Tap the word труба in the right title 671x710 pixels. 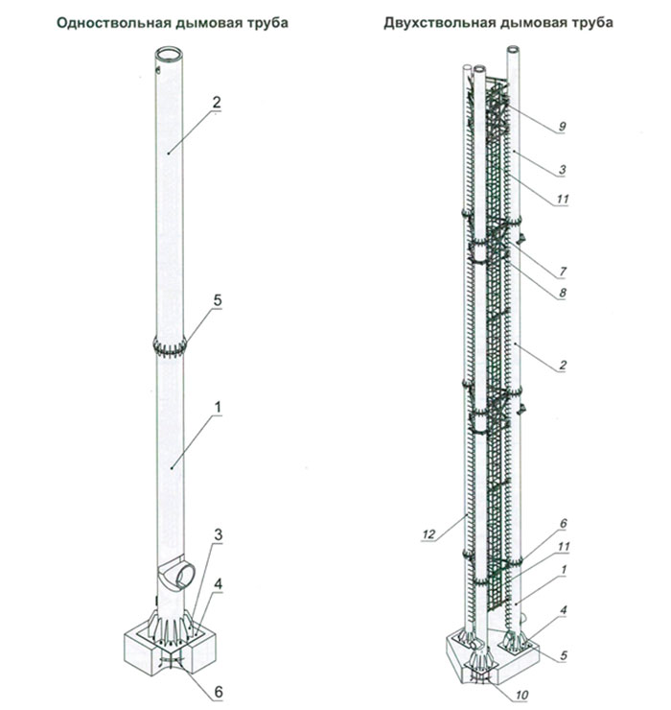coord(590,23)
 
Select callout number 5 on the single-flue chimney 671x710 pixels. coord(218,300)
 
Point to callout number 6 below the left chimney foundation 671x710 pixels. coord(219,692)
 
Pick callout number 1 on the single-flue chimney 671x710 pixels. coord(218,408)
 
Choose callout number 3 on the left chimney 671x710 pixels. coord(219,534)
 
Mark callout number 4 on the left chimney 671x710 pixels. coord(219,584)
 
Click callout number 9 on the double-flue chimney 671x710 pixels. coord(563,126)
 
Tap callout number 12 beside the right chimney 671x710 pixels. coord(428,534)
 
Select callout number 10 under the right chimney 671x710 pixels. coord(521,695)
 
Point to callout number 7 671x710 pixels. coord(563,272)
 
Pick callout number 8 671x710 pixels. coord(563,293)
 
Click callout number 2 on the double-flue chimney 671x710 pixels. coord(563,365)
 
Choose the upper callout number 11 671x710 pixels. coord(563,199)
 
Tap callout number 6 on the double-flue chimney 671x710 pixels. coord(564,524)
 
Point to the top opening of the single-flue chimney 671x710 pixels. coord(170,53)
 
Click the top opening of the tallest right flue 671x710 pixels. coord(514,48)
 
